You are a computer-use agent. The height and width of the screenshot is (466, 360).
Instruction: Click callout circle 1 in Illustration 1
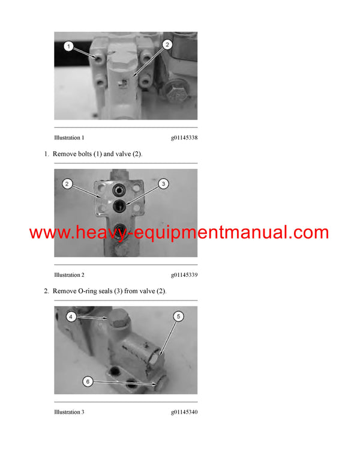pos(69,46)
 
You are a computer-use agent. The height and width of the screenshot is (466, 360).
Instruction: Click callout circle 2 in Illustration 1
pos(167,44)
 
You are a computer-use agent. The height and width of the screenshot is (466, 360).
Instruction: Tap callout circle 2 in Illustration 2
pos(68,183)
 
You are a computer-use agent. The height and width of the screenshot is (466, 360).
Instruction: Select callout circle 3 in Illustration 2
pos(163,183)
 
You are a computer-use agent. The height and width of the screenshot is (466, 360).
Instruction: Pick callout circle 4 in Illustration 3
pos(71,316)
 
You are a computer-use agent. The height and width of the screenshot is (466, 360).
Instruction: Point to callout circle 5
pos(179,316)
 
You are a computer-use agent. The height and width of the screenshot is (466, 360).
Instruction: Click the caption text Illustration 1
pos(69,138)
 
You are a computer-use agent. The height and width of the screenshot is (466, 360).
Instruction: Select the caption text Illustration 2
pos(69,275)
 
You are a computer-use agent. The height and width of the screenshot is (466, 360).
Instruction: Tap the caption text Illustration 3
pos(69,412)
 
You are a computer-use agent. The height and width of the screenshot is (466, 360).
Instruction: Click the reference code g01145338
pos(184,138)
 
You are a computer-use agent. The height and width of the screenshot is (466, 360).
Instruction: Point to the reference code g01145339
pos(184,275)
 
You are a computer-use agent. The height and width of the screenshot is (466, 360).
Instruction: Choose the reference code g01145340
pos(184,412)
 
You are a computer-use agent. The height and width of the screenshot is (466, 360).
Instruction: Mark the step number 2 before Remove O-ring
pos(46,291)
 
